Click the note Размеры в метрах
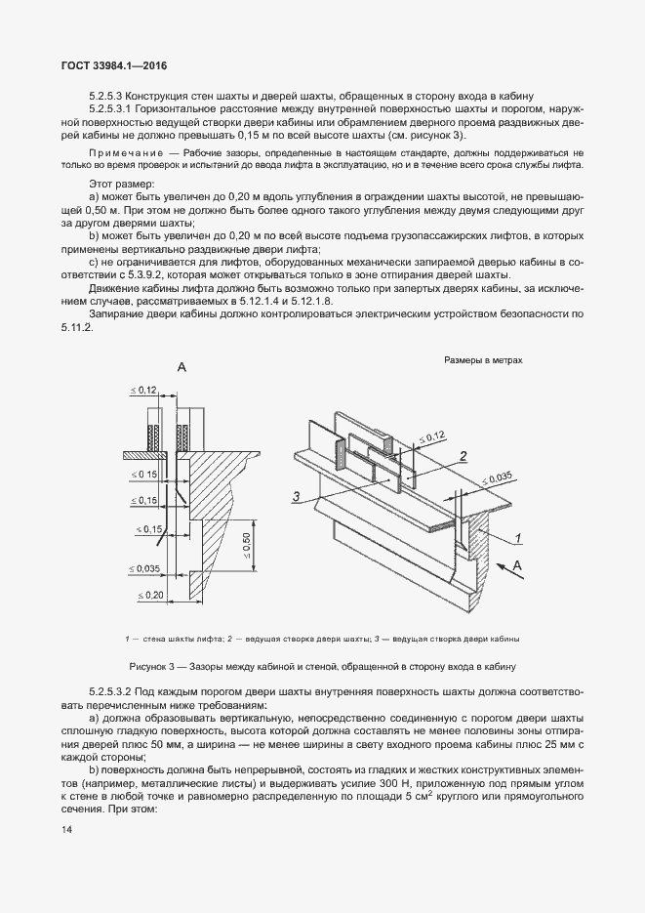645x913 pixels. coord(483,360)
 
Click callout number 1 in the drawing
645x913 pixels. coord(521,536)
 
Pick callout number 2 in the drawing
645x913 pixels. coord(464,455)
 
